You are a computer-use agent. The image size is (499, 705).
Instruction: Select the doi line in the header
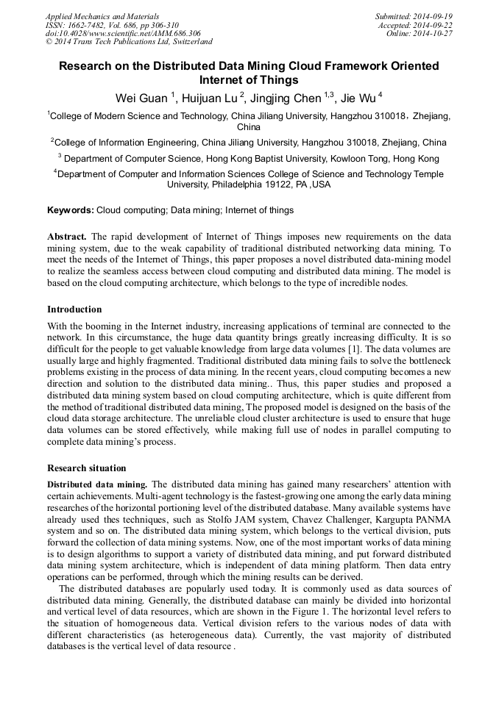[122, 33]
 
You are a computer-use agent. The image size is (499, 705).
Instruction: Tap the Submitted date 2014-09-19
[435, 15]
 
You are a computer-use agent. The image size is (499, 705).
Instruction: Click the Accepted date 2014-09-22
[436, 24]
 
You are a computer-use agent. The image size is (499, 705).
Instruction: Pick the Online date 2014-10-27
[436, 33]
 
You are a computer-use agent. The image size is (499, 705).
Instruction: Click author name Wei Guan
[141, 98]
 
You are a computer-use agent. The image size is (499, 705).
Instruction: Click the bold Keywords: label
[71, 210]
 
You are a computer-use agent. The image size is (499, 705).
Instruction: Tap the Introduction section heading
[74, 309]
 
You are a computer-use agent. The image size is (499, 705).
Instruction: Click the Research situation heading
[86, 468]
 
